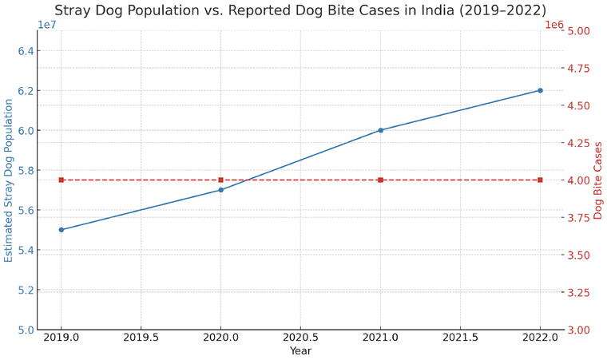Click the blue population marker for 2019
click(x=61, y=230)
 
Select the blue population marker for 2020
click(x=220, y=190)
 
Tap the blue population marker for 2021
click(x=380, y=130)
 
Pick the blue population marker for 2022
click(x=540, y=90)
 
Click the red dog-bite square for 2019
click(x=61, y=180)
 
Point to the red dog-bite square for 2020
click(x=220, y=180)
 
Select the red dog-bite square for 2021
click(x=380, y=180)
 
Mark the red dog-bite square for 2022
click(x=540, y=180)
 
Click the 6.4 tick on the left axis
click(x=26, y=51)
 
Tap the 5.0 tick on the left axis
click(x=26, y=330)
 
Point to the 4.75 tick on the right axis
click(x=579, y=68)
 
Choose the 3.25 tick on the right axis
click(x=579, y=292)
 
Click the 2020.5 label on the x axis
click(x=300, y=338)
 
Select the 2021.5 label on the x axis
click(x=460, y=338)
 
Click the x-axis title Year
click(x=300, y=350)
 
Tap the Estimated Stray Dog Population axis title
click(x=9, y=180)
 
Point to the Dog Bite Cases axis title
click(x=598, y=180)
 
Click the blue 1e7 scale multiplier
click(x=46, y=25)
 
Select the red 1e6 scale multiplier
click(x=554, y=25)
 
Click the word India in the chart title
click(x=438, y=10)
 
